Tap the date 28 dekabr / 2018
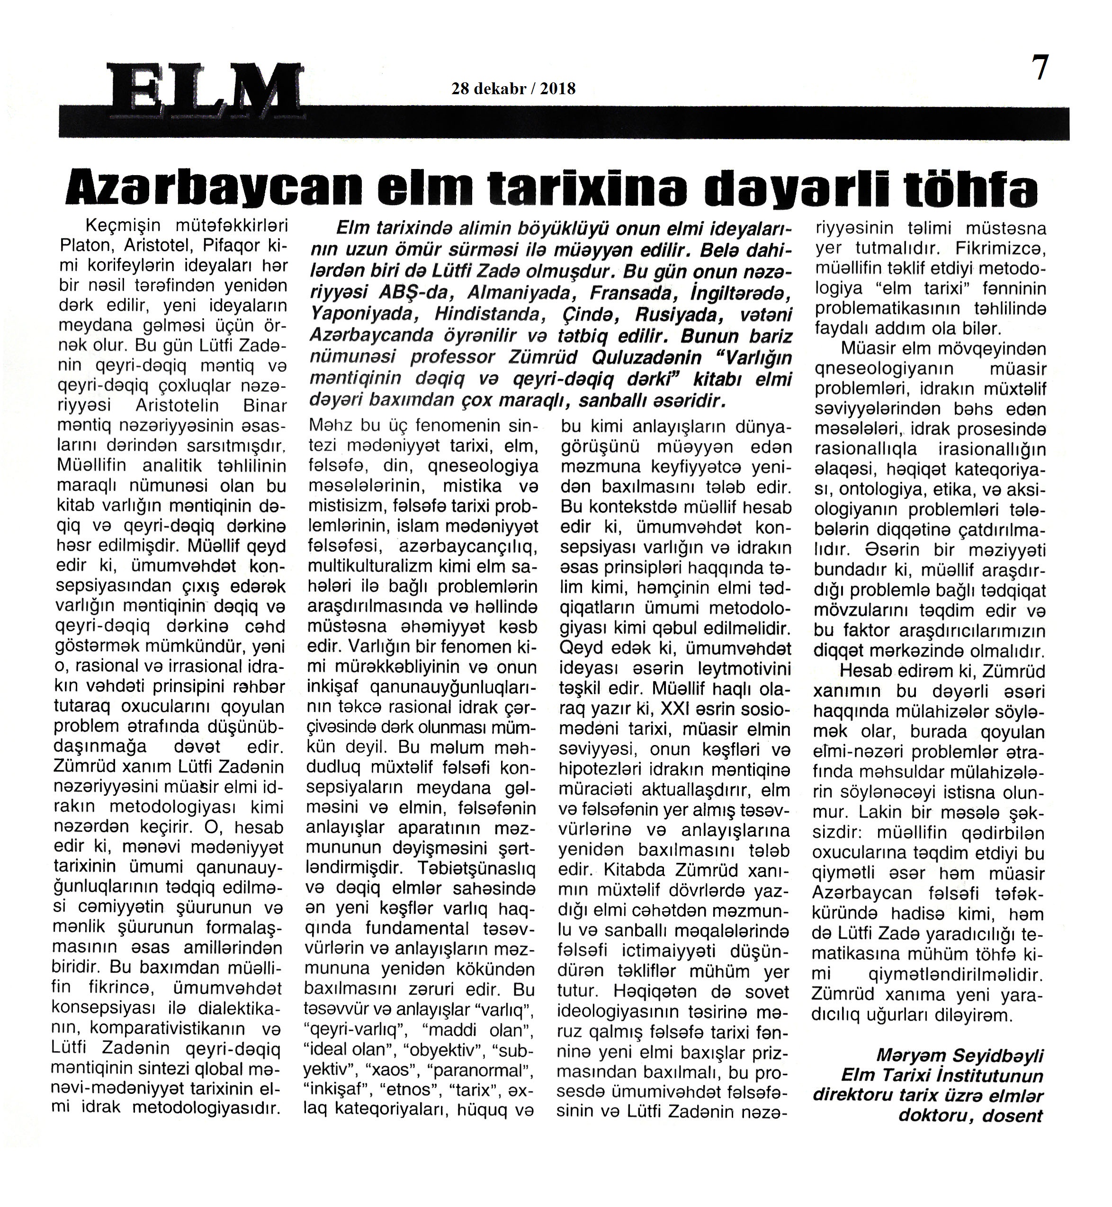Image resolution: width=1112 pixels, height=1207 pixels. (513, 89)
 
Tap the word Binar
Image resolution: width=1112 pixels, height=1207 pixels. (265, 406)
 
